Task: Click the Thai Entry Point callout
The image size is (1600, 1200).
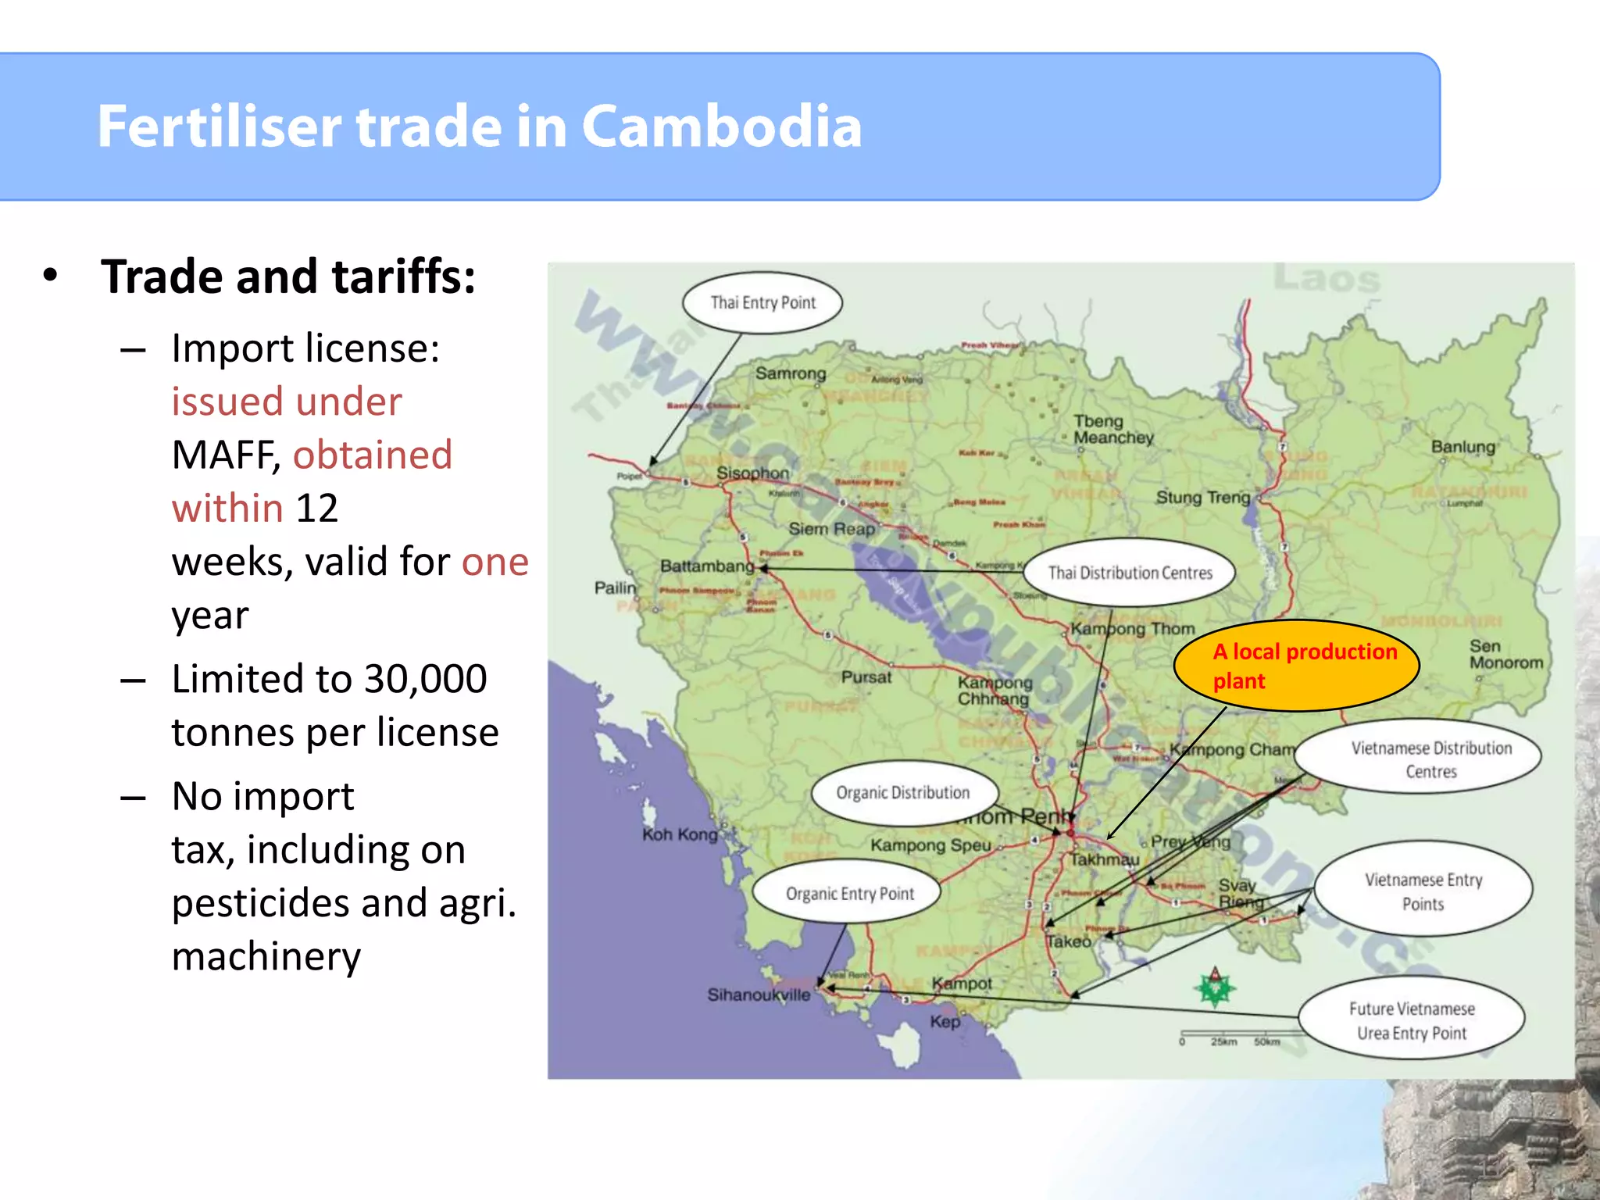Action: (762, 303)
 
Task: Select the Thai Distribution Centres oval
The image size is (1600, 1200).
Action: (1130, 573)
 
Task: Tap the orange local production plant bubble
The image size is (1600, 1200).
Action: (1297, 666)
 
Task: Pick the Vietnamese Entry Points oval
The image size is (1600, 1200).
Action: (1423, 891)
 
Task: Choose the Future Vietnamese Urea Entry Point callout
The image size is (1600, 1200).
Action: (1412, 1020)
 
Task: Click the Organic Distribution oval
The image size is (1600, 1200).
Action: (904, 793)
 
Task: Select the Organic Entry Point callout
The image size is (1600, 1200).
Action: (848, 894)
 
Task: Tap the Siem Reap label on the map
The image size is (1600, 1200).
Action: (831, 529)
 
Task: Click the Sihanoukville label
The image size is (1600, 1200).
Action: (759, 995)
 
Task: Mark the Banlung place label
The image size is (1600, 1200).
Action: (1462, 447)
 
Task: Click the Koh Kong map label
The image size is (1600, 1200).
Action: (680, 834)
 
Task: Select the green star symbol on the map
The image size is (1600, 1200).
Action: (1215, 988)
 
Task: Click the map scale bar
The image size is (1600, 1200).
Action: (1230, 1037)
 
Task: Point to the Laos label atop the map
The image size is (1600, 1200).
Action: (1327, 279)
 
